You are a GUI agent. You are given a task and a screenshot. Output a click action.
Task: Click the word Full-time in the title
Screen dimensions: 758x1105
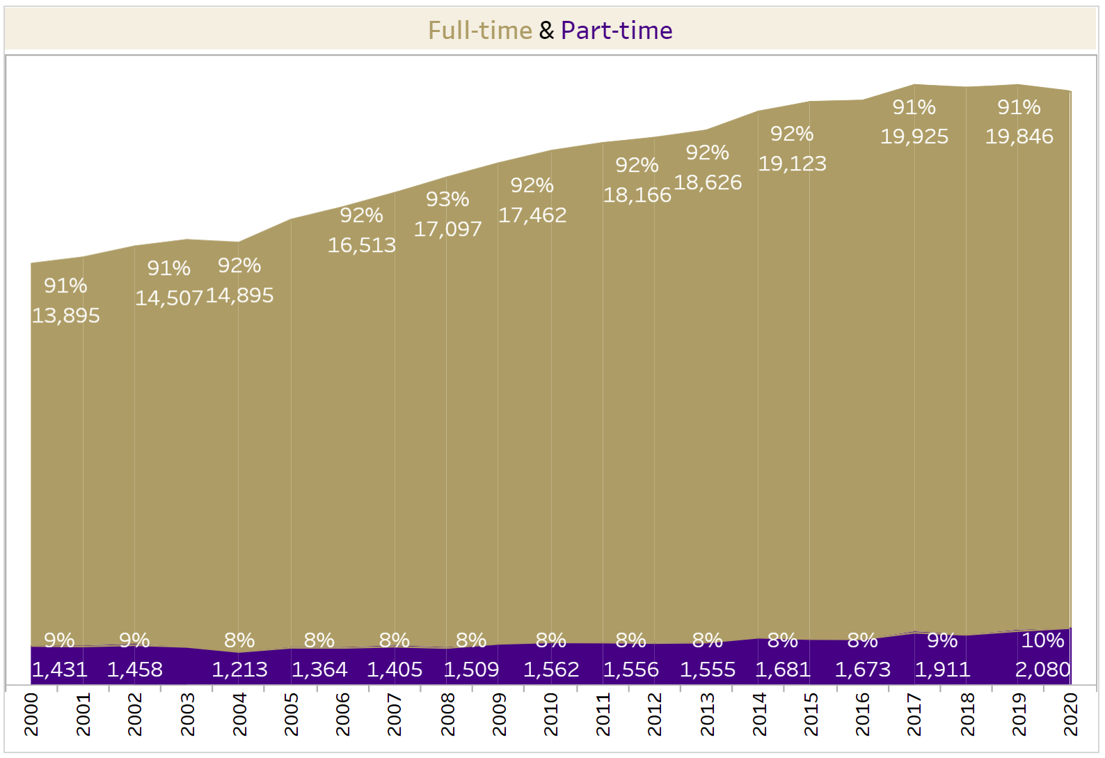click(479, 31)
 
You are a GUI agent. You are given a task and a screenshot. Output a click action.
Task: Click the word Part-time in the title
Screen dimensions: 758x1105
click(617, 31)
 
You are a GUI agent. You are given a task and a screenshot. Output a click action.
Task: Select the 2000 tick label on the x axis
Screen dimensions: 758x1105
click(31, 714)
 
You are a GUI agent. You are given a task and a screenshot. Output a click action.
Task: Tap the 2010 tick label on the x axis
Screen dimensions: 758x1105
click(551, 714)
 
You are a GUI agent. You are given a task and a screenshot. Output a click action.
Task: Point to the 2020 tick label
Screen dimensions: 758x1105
click(1071, 714)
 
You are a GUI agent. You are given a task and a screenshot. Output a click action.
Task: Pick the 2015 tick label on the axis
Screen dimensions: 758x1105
click(811, 714)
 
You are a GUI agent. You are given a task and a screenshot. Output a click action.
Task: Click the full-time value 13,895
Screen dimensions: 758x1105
click(66, 316)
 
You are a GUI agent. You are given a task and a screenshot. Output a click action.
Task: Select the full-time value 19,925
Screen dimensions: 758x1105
click(914, 136)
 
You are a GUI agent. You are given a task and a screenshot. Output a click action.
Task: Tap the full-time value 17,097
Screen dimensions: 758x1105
click(447, 229)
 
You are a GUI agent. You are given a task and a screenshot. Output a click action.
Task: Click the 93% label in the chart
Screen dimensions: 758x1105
click(447, 200)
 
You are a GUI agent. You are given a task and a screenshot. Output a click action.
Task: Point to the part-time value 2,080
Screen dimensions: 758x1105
click(1042, 670)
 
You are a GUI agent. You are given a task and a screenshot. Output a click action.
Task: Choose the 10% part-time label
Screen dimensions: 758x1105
click(1042, 640)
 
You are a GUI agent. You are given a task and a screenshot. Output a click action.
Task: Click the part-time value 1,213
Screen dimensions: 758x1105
click(239, 670)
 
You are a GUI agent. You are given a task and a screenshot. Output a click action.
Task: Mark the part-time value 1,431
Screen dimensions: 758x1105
click(60, 670)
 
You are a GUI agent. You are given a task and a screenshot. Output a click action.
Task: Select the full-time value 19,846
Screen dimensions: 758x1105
click(1019, 136)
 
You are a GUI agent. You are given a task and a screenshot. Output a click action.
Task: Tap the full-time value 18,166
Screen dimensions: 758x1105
click(637, 195)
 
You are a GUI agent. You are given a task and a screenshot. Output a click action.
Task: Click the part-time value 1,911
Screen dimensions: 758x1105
click(942, 670)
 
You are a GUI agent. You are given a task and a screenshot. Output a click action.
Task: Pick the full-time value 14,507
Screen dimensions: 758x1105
click(169, 298)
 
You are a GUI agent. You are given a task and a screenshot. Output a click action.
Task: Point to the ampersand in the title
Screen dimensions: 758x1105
click(546, 31)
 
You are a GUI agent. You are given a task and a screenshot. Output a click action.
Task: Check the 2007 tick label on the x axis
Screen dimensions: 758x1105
click(395, 714)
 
